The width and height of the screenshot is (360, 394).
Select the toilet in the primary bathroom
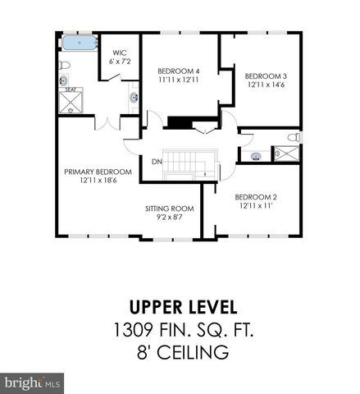pos(64,80)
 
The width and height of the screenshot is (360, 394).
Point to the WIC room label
pos(118,53)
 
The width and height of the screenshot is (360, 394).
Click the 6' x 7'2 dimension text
pos(118,62)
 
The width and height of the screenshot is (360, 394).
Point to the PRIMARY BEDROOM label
pos(98,172)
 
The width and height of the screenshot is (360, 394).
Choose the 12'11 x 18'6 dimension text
pos(98,181)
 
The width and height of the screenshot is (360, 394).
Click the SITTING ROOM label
pos(170,208)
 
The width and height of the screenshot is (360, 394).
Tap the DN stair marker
pos(156,161)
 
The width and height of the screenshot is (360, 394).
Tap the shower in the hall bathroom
pos(287,153)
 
